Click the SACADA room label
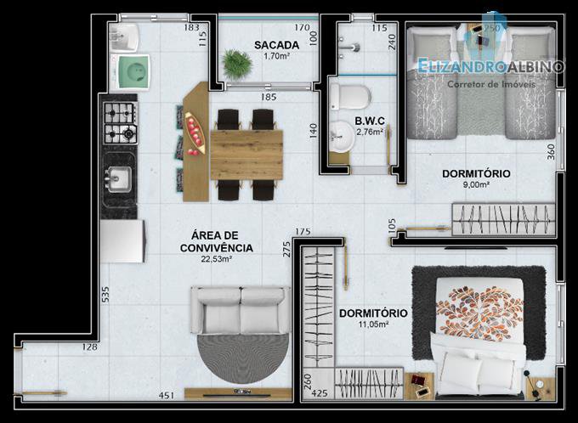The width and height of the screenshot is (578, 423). [x=276, y=45]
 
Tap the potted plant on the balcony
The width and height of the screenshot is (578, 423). [x=237, y=64]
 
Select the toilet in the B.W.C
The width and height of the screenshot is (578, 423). [x=350, y=97]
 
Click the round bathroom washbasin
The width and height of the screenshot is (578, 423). [x=341, y=136]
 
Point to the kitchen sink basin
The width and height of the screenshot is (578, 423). [x=119, y=179]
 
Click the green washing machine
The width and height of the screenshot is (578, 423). [x=133, y=71]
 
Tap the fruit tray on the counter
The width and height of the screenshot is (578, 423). [x=195, y=133]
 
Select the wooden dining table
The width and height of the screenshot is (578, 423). [x=246, y=155]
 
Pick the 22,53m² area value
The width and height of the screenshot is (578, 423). [x=217, y=259]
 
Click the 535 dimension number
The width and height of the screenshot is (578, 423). [x=105, y=295]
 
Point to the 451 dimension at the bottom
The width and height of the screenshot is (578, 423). [x=167, y=395]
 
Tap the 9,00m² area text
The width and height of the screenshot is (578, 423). [x=476, y=184]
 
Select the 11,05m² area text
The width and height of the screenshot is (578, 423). [x=373, y=324]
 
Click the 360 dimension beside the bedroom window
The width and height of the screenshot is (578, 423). [x=551, y=151]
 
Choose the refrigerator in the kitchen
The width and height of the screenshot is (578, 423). [x=122, y=241]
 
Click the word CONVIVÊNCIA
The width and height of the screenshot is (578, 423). [x=217, y=248]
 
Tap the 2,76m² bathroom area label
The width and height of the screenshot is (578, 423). [x=370, y=132]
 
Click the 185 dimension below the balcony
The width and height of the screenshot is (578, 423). [x=269, y=98]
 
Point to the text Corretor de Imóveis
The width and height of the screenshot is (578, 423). [x=491, y=84]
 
